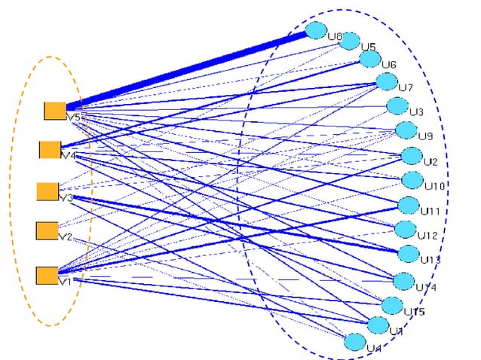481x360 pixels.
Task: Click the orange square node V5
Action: click(x=54, y=111)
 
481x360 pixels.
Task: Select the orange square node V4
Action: click(x=51, y=149)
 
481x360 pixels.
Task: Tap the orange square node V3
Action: click(x=47, y=191)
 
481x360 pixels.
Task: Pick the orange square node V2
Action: click(x=47, y=230)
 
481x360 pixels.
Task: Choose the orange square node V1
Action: click(x=47, y=275)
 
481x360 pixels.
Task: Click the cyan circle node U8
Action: click(x=316, y=30)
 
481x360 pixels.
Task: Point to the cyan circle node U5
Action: click(x=349, y=41)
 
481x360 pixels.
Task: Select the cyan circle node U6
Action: click(x=369, y=58)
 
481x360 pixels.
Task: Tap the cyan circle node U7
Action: click(x=387, y=81)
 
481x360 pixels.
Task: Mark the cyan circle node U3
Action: click(x=397, y=106)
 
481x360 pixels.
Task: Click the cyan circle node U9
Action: click(x=406, y=130)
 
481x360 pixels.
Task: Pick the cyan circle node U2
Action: click(x=412, y=156)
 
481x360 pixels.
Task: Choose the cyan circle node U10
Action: click(x=412, y=180)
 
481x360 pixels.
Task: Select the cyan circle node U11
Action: click(x=408, y=205)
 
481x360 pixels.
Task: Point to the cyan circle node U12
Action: click(x=406, y=229)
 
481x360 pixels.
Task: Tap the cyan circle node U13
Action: click(x=408, y=254)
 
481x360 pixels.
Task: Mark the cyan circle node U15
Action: click(x=391, y=305)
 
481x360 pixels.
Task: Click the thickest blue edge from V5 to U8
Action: click(x=188, y=70)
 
